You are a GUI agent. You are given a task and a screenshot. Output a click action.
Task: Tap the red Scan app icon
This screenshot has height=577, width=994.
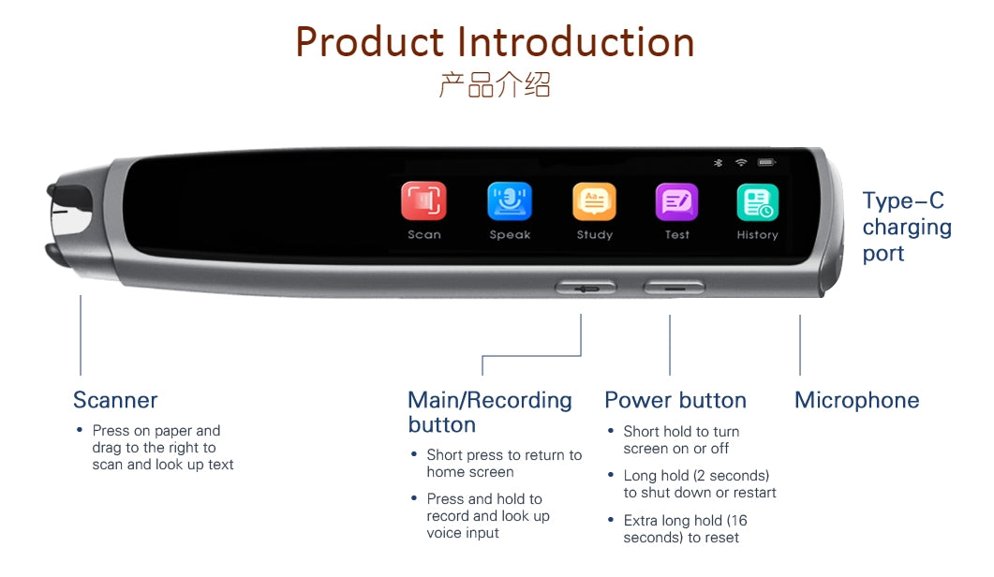point(423,201)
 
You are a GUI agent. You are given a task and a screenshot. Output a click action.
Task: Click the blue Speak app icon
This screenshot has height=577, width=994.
point(510,201)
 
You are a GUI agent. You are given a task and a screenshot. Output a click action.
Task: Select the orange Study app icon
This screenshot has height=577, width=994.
point(594,201)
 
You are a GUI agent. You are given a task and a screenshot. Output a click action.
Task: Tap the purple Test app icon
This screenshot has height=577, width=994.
point(676,202)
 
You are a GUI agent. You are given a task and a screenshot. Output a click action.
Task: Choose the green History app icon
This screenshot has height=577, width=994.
point(758,202)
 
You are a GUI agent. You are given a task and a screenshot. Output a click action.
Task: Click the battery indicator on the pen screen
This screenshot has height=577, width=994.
point(766,162)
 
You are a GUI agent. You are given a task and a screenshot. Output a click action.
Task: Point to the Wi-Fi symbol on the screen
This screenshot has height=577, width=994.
point(741,162)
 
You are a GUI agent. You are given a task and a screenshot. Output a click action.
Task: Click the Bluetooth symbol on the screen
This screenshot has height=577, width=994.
point(719,163)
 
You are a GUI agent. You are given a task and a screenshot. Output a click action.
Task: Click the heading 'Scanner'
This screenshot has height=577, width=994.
point(115,400)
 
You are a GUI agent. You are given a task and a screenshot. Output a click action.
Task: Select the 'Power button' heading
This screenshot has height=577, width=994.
point(675,400)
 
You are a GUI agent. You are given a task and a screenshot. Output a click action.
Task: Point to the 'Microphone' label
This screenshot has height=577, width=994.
point(856,400)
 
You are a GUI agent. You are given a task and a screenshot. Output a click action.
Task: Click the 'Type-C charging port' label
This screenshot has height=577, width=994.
point(907,227)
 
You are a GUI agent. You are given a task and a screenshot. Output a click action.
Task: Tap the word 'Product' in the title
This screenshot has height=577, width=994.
point(369,42)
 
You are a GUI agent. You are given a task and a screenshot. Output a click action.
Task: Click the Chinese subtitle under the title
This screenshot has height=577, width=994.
point(495,84)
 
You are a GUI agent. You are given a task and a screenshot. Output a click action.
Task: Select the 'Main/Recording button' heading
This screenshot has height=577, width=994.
point(489,412)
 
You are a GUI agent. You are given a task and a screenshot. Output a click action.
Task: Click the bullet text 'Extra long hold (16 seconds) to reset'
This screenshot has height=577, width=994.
point(685,529)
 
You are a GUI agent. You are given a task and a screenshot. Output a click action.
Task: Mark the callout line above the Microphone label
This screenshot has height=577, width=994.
point(800,345)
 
